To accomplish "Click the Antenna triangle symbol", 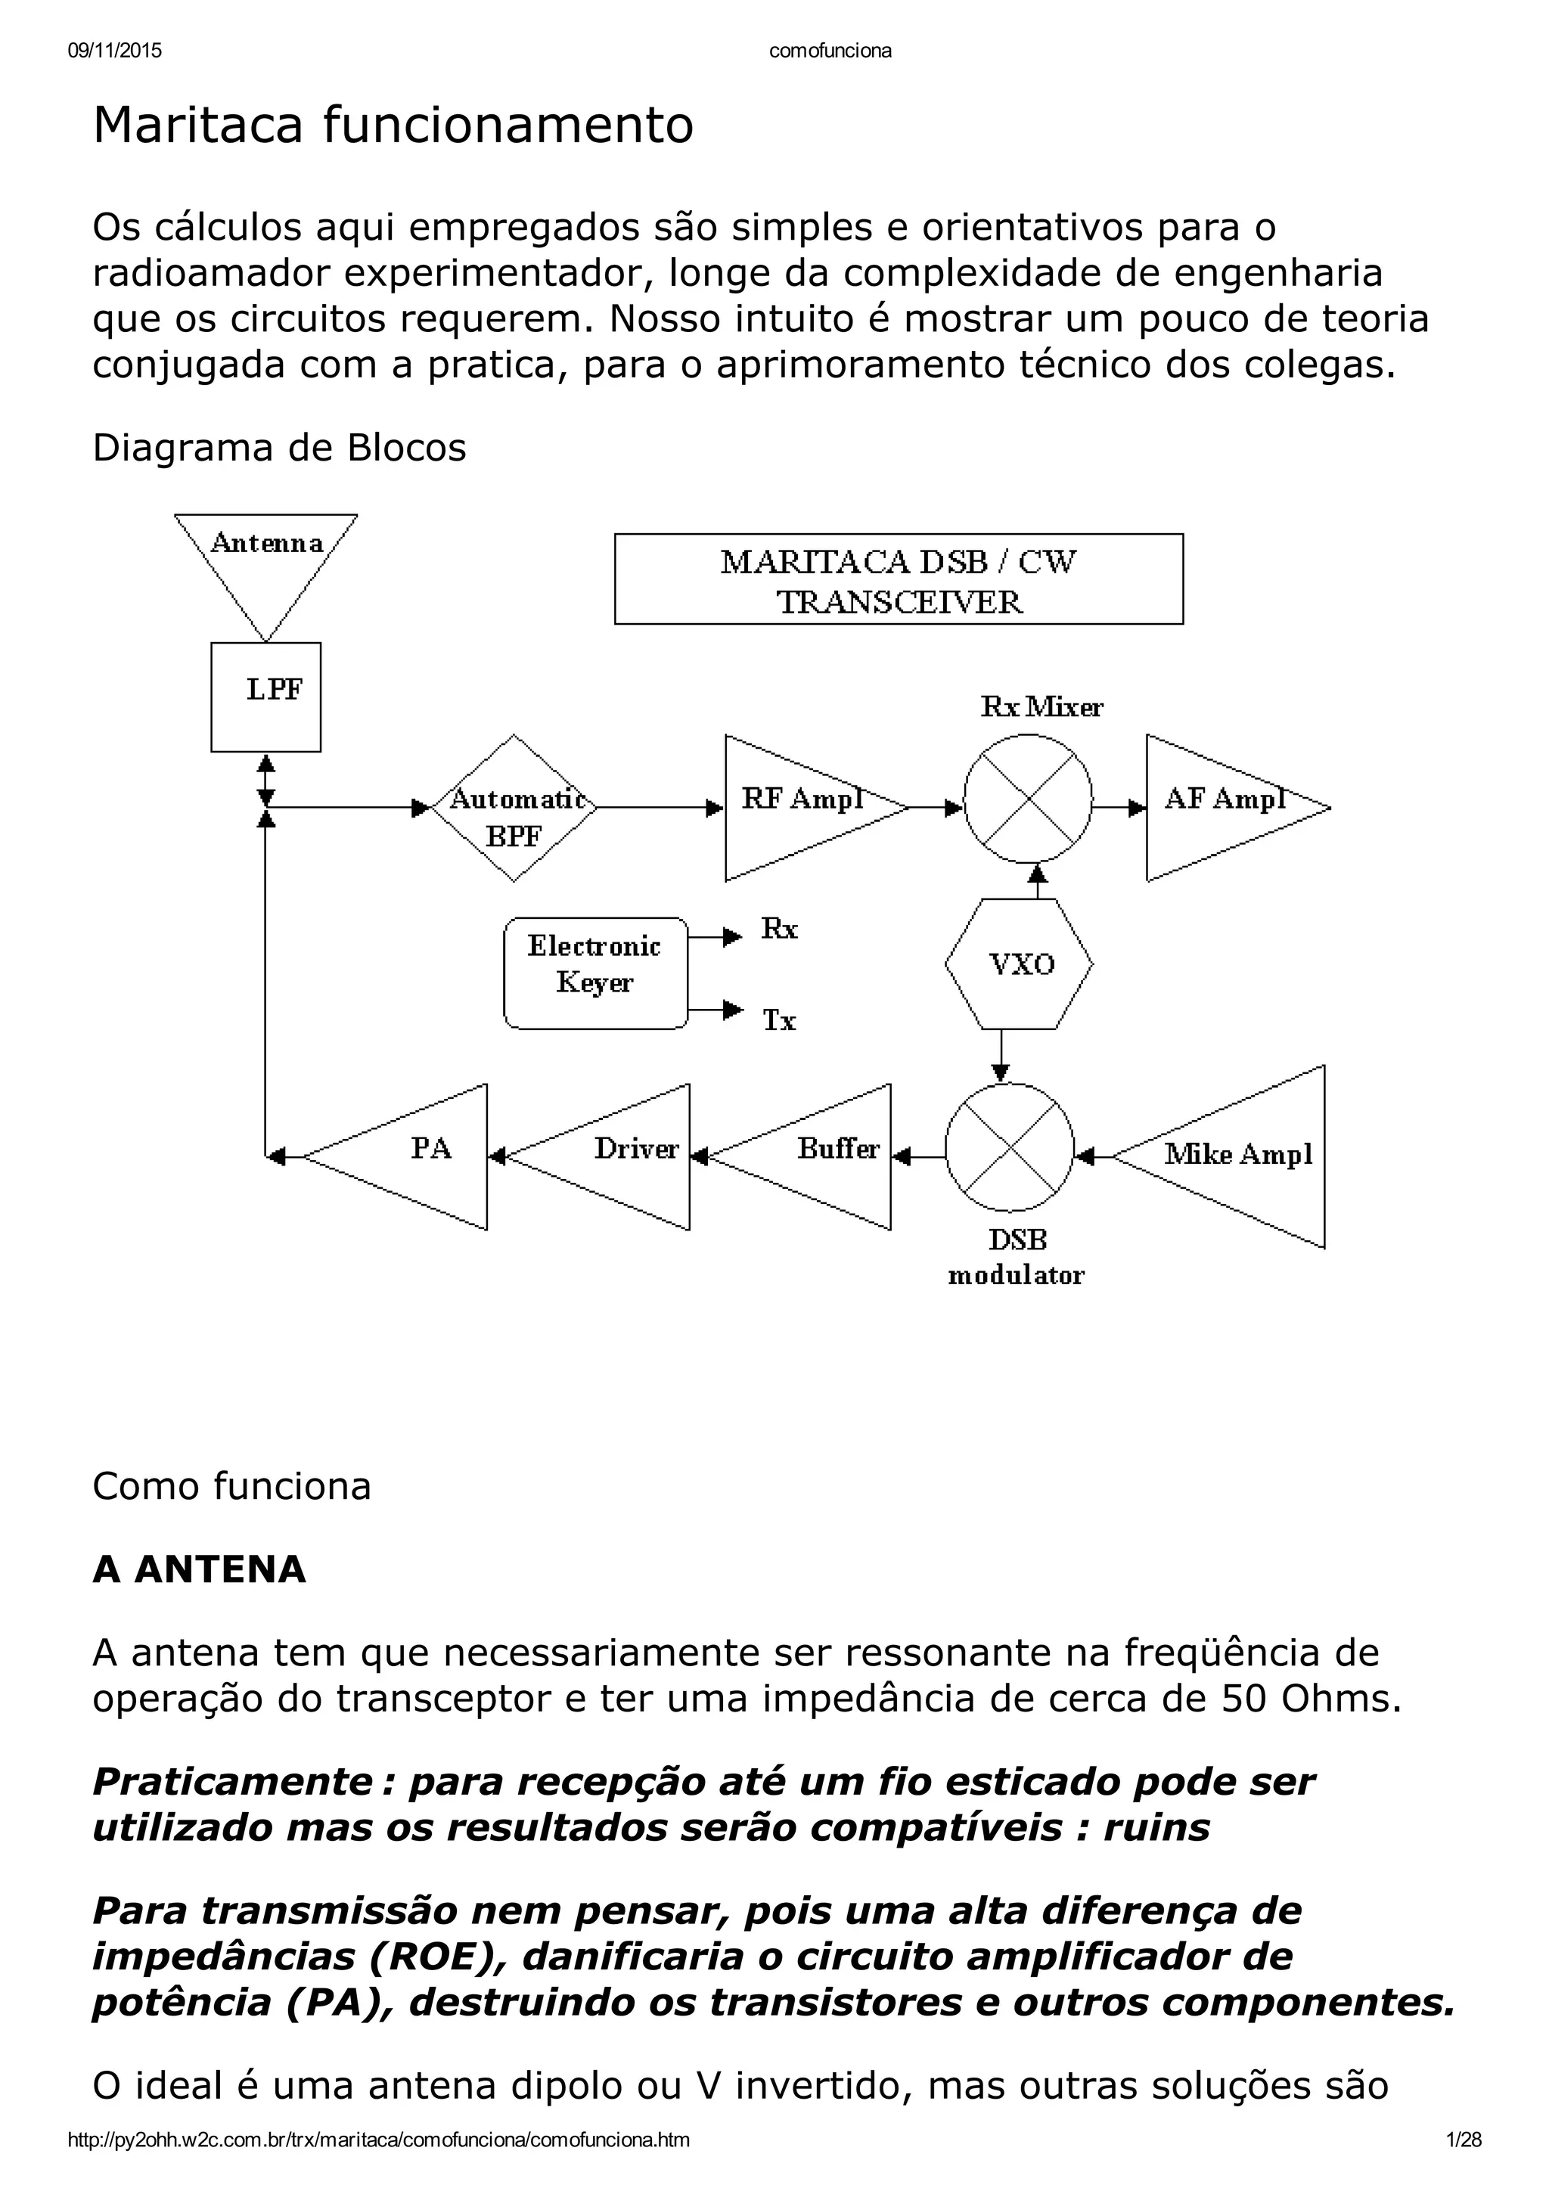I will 265,563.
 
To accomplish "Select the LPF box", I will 266,697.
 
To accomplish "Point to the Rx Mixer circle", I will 1028,799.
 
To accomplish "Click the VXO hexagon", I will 1020,964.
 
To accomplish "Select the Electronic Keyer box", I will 595,973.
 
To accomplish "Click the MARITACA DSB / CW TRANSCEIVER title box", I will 898,579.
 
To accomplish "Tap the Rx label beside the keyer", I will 779,929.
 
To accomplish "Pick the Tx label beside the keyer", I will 779,1021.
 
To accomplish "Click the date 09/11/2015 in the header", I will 114,51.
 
